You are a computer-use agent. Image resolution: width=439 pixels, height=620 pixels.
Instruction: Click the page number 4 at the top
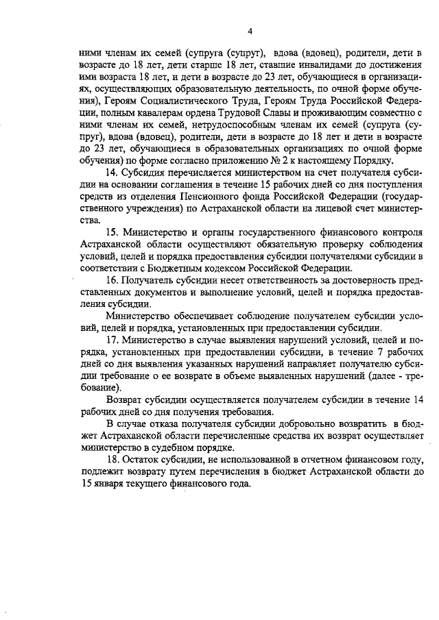(250, 31)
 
